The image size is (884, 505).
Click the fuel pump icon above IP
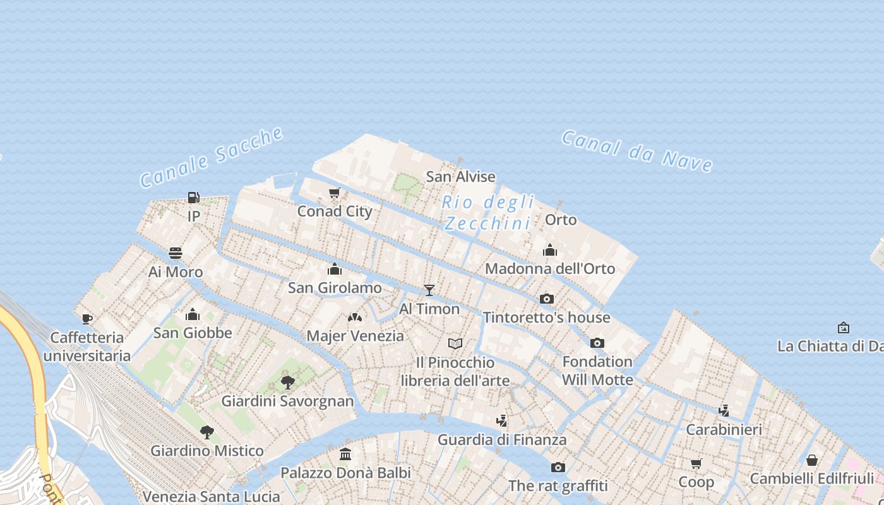click(x=194, y=198)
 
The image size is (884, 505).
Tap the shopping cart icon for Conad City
click(x=335, y=193)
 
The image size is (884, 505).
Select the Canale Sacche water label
click(x=212, y=157)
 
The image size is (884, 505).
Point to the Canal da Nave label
click(x=637, y=151)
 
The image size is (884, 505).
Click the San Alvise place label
click(x=460, y=177)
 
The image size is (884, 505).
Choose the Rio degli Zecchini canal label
click(x=488, y=213)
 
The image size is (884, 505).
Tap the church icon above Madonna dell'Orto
click(x=550, y=251)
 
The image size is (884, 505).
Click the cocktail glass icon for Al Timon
click(x=429, y=290)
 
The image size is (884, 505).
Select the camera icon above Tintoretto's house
click(x=547, y=299)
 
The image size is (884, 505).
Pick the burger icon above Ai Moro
click(x=176, y=254)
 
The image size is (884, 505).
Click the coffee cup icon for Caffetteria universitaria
click(x=87, y=319)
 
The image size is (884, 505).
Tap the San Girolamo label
click(x=335, y=288)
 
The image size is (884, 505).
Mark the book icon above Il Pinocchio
click(x=455, y=344)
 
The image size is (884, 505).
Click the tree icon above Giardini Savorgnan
click(x=288, y=382)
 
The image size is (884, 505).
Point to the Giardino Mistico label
click(x=206, y=451)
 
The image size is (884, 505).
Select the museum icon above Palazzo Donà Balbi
click(x=345, y=454)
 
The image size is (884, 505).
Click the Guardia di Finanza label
click(x=502, y=439)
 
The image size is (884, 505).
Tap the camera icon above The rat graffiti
click(x=558, y=468)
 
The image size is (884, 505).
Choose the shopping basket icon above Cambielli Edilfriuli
click(x=812, y=460)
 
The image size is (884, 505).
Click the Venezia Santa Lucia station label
click(x=211, y=496)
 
